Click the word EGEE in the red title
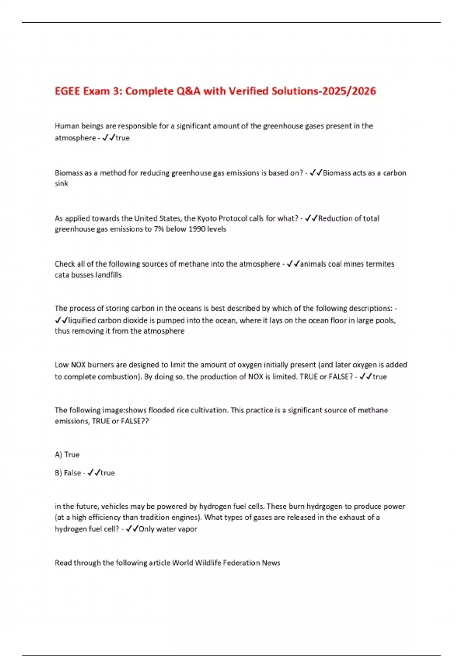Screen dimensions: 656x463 coord(68,91)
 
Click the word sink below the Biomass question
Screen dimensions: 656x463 coord(61,184)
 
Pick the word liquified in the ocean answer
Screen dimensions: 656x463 coord(82,320)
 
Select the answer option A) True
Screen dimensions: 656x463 coord(67,455)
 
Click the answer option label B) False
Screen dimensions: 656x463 coord(68,473)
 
